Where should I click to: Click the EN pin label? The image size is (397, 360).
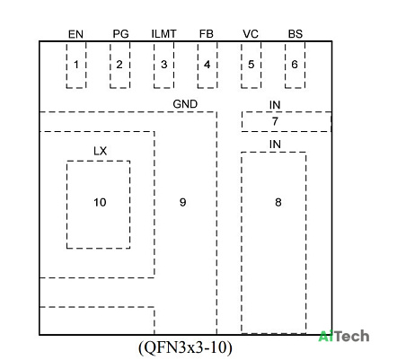click(x=75, y=34)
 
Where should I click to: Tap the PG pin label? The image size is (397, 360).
click(x=120, y=34)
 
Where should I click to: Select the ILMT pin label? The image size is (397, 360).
click(x=163, y=34)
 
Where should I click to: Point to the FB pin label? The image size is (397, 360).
click(x=207, y=34)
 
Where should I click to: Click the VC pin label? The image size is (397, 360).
click(x=251, y=34)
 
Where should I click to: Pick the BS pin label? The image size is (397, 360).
click(x=296, y=34)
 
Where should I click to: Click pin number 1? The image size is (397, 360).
click(x=76, y=65)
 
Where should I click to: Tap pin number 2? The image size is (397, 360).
click(x=119, y=65)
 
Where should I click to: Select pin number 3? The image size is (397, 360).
click(x=163, y=65)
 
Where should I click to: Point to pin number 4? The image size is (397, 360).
click(x=207, y=65)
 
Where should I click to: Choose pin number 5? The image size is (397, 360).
click(x=251, y=65)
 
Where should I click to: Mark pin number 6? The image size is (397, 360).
click(x=295, y=65)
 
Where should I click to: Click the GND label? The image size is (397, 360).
click(x=185, y=104)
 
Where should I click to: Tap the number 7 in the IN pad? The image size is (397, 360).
click(x=275, y=121)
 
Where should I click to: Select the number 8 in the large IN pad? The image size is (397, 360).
click(x=278, y=202)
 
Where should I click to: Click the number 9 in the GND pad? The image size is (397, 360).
click(x=182, y=202)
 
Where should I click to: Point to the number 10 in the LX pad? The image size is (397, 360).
click(x=100, y=202)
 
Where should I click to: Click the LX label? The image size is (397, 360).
click(x=100, y=151)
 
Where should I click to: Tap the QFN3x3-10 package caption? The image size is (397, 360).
click(x=185, y=347)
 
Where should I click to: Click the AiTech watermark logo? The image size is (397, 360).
click(x=344, y=336)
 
